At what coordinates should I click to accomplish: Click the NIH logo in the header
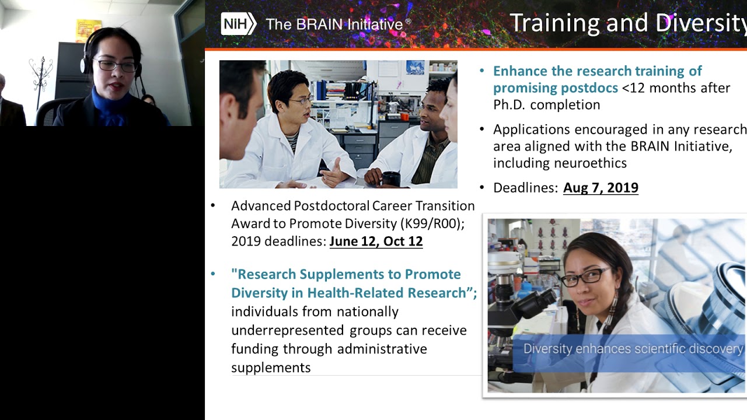coord(238,24)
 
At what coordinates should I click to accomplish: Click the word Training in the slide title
coord(554,23)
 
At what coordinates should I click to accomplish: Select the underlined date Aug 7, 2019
coord(601,188)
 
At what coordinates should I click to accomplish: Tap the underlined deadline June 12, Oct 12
coord(376,242)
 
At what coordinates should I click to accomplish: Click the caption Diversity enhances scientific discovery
coord(633,349)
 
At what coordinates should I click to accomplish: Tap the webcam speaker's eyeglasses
coord(117,66)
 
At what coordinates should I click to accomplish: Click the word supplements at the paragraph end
coord(271,367)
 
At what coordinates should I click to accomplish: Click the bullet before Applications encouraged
coord(482,129)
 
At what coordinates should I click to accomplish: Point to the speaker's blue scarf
coord(111,108)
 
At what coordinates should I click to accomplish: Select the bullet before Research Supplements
coord(213,274)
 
